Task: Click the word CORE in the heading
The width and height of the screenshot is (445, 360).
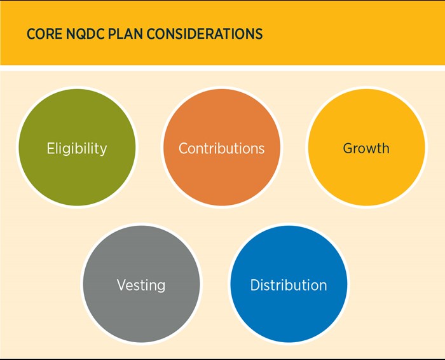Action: (x=44, y=34)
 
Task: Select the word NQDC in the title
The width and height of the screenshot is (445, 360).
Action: (x=85, y=34)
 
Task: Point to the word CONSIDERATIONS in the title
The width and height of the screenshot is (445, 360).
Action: (x=204, y=34)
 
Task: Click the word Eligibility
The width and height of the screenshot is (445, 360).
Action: (x=76, y=149)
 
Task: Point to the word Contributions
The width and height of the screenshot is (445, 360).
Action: (x=221, y=149)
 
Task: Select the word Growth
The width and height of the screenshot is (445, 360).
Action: (x=366, y=149)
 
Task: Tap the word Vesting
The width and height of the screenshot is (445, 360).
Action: (x=141, y=285)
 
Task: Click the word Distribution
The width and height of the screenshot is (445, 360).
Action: (x=289, y=285)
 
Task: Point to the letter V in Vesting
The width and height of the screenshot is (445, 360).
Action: (x=121, y=285)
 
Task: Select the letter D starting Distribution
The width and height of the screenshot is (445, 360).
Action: (x=255, y=285)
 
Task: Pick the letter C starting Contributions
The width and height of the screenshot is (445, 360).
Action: (x=184, y=148)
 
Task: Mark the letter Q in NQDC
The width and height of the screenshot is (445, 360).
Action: (x=81, y=34)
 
